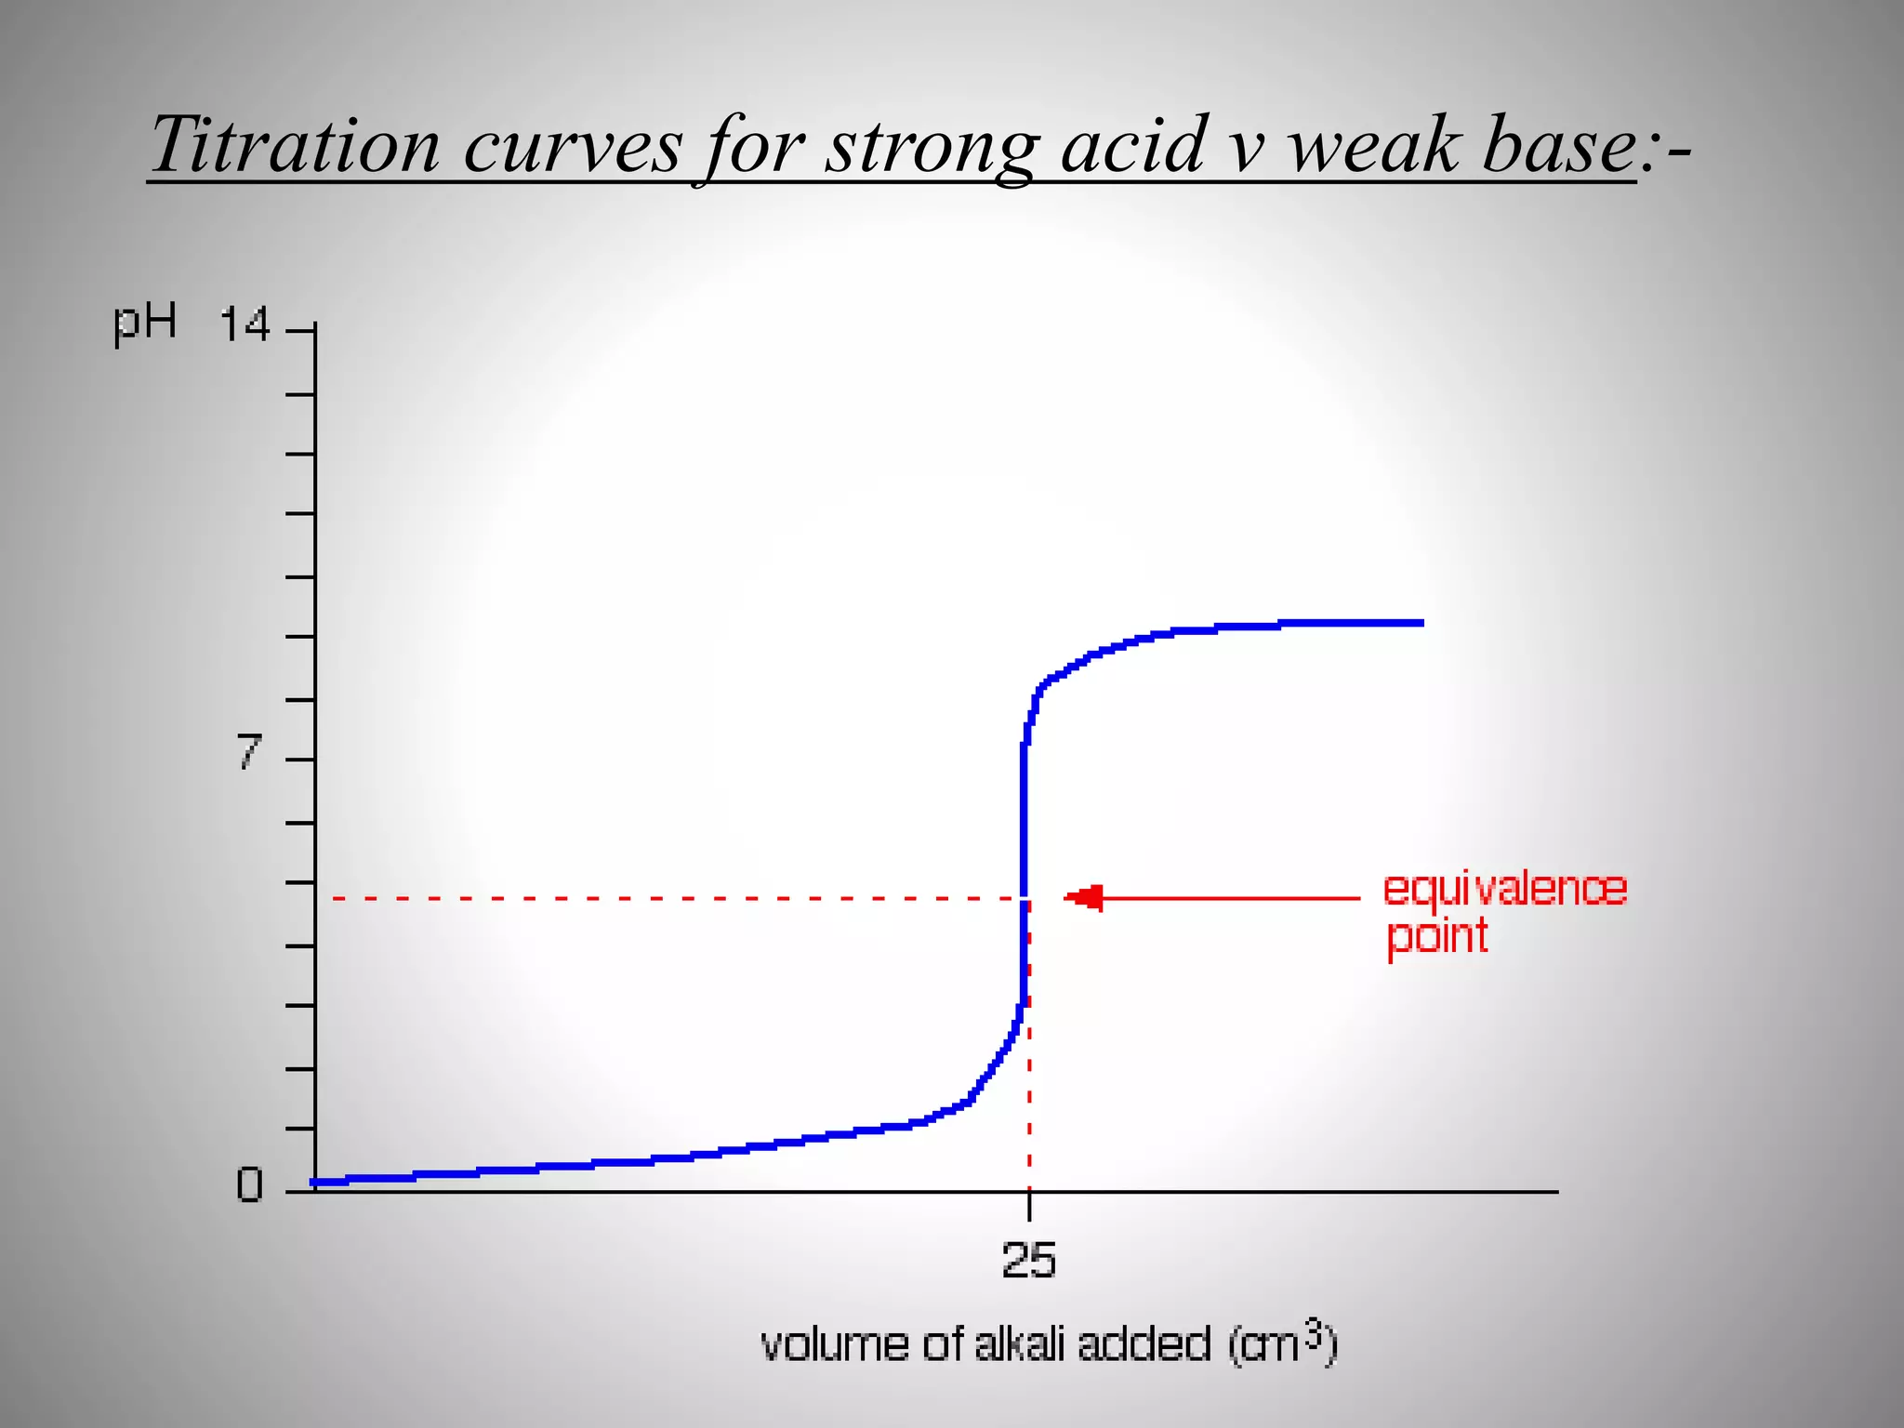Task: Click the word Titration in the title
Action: click(x=295, y=146)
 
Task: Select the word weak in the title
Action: click(x=1371, y=146)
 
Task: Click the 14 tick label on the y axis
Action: click(x=245, y=326)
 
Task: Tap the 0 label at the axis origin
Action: click(x=249, y=1186)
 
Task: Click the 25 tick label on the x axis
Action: click(x=1028, y=1262)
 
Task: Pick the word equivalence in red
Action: click(x=1504, y=890)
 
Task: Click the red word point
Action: click(x=1436, y=937)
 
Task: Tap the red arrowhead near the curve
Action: click(x=1085, y=897)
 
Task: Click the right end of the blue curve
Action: click(x=1419, y=623)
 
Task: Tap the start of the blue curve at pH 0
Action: click(x=317, y=1182)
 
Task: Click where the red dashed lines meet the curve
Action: click(x=1025, y=898)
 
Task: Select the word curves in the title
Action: click(x=573, y=146)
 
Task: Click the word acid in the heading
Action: click(x=1133, y=146)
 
